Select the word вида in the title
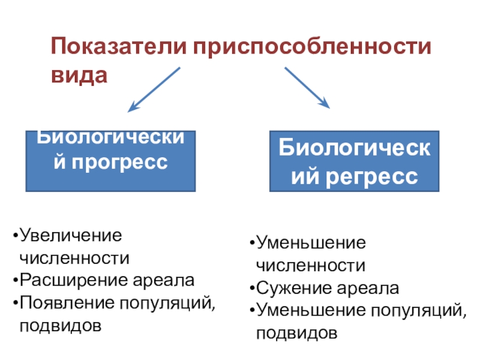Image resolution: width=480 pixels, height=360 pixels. pos(79,76)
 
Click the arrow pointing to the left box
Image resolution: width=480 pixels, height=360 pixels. pos(154,89)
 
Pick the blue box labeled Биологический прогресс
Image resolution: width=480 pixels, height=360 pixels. pos(110,160)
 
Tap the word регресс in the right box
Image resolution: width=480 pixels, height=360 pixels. pos(368,176)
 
